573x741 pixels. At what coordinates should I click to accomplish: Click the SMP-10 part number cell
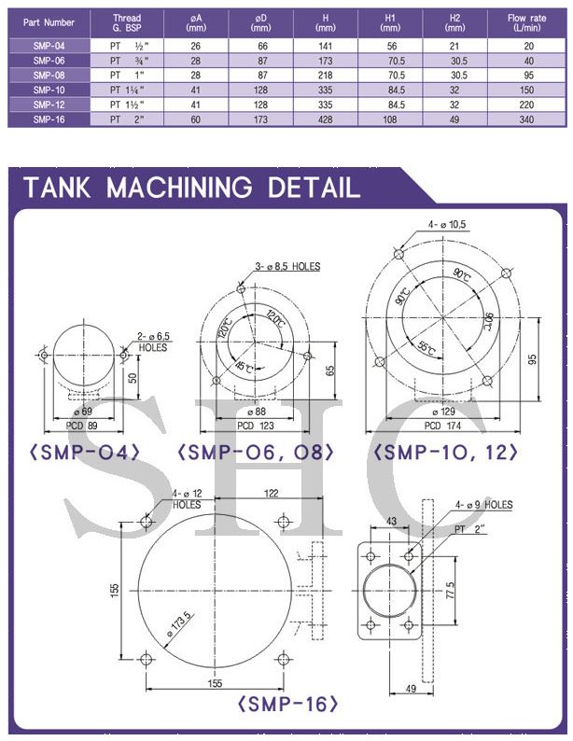click(x=49, y=90)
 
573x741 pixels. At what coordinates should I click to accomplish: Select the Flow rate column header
click(x=526, y=22)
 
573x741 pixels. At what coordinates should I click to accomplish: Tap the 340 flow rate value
click(x=526, y=119)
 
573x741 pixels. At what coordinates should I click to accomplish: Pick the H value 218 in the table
click(x=326, y=76)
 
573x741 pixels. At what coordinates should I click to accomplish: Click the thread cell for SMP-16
click(x=127, y=119)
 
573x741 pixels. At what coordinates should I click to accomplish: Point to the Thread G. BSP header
click(x=127, y=22)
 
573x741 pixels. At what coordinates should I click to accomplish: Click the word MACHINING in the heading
click(x=179, y=188)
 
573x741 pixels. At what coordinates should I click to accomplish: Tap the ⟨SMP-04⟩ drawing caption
click(x=85, y=453)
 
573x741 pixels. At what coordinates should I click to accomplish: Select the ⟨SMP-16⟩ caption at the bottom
click(x=288, y=704)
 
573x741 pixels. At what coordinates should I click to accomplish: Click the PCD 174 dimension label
click(x=442, y=426)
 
